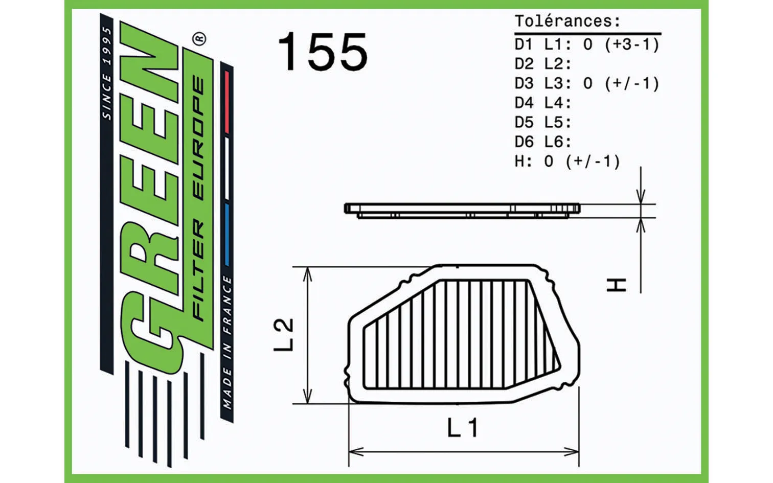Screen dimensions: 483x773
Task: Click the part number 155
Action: (323, 52)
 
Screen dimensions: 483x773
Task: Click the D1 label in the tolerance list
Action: (524, 44)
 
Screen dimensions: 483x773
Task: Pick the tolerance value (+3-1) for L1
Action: (632, 44)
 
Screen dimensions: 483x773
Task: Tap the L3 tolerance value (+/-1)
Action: (632, 83)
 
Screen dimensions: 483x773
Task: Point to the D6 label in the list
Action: (524, 142)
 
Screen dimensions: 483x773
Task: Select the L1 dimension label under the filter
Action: (463, 428)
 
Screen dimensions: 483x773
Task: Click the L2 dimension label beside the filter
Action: (284, 334)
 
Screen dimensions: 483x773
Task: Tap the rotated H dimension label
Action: (617, 285)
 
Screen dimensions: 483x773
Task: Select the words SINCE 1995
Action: (107, 74)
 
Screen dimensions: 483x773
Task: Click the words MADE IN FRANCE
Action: (227, 342)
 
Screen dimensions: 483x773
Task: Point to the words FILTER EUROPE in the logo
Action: (198, 199)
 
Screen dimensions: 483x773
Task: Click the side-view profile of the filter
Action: (462, 210)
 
